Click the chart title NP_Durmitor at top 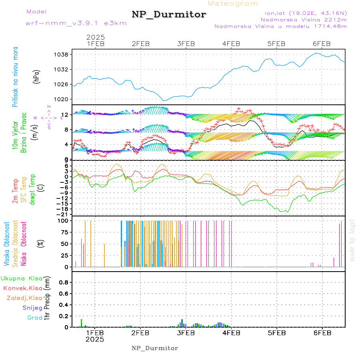point(169,15)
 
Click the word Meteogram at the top point(233,4)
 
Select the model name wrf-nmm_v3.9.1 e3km point(76,23)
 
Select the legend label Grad point(34,318)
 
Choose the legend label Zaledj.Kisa point(24,298)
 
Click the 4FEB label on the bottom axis point(231,332)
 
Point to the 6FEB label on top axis point(322,44)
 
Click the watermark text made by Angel point(352,240)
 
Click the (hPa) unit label point(36,76)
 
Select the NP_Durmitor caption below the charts point(155,348)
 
